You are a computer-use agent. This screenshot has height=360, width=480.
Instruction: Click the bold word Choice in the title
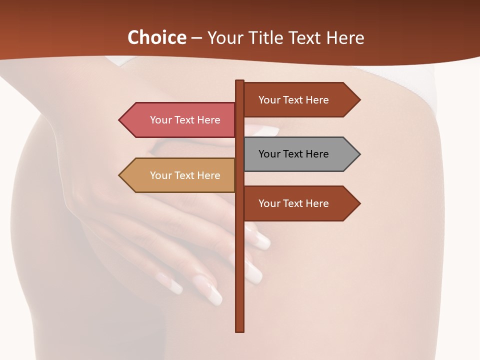(x=156, y=37)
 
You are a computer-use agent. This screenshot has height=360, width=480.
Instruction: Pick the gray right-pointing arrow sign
(x=300, y=154)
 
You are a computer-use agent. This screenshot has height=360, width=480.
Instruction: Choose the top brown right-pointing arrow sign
(x=300, y=100)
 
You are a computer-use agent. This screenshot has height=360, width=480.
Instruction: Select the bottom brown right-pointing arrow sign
(x=300, y=203)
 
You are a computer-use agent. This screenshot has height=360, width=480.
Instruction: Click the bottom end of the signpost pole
(x=240, y=330)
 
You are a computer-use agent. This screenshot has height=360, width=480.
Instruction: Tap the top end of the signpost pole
(x=240, y=81)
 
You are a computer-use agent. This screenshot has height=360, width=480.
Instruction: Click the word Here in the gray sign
(x=317, y=154)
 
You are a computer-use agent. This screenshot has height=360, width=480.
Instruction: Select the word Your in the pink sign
(x=161, y=120)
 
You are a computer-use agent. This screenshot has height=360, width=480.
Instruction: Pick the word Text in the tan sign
(x=184, y=175)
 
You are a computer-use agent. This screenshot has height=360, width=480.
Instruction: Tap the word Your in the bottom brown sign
(x=269, y=203)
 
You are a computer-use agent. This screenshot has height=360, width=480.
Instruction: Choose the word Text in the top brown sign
(x=293, y=100)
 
